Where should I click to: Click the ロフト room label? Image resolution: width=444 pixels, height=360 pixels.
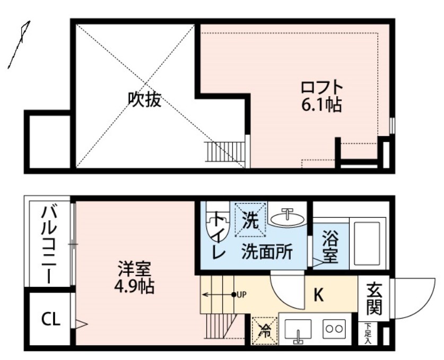click(x=322, y=87)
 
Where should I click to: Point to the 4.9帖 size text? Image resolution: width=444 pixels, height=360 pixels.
click(x=134, y=287)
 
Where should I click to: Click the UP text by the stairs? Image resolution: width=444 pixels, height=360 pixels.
click(x=242, y=294)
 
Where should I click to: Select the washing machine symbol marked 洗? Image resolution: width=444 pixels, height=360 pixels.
click(x=250, y=219)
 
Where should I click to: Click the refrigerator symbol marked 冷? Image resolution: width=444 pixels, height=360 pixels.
click(x=264, y=331)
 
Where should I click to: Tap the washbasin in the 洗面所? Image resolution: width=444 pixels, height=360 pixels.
click(x=287, y=217)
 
